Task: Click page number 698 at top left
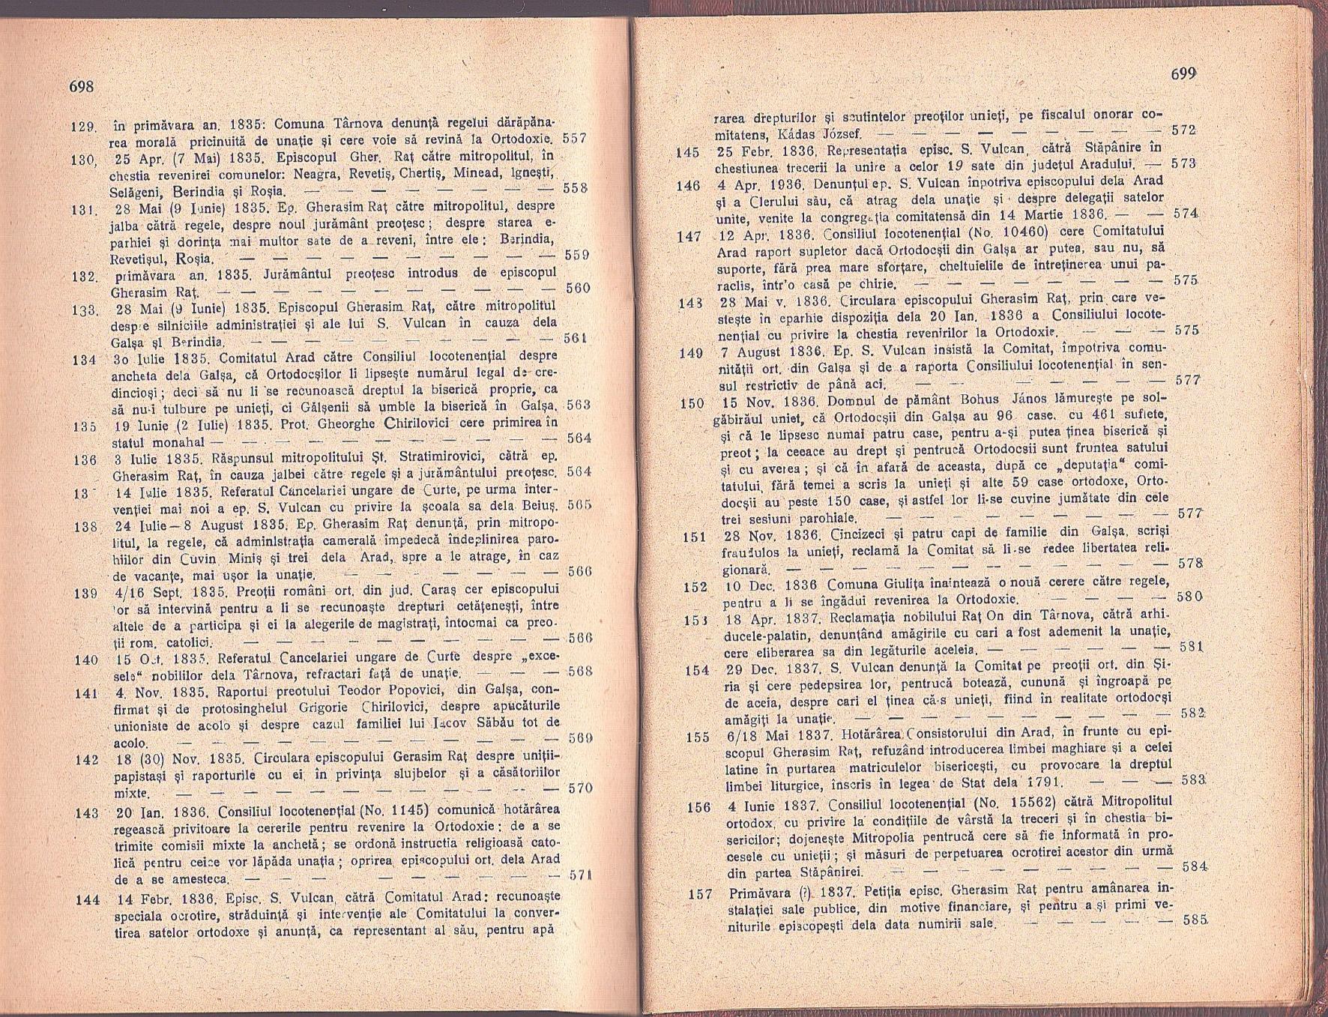[81, 87]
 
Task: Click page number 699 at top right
[1183, 74]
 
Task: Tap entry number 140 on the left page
[86, 660]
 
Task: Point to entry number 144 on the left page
[88, 899]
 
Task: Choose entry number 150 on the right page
[692, 404]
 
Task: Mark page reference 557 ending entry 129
[574, 139]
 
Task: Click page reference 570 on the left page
[579, 788]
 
